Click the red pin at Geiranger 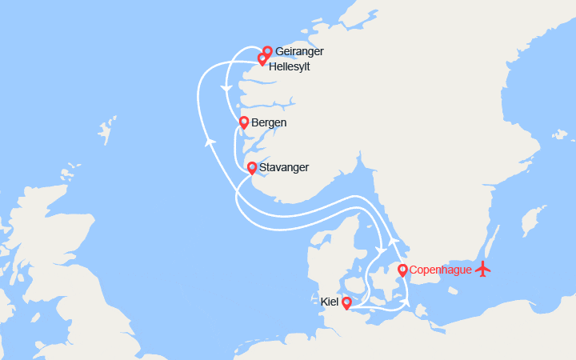click(267, 52)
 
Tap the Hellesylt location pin click(262, 59)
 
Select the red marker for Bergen click(243, 122)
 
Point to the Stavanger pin click(252, 167)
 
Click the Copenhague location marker click(402, 270)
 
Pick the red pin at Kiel click(346, 303)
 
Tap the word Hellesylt click(290, 66)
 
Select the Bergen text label click(269, 123)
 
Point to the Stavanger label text click(284, 168)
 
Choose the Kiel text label click(329, 302)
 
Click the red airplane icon click(482, 270)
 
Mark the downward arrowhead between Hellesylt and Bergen click(228, 87)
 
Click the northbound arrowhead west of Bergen click(210, 142)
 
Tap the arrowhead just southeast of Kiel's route click(406, 303)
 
